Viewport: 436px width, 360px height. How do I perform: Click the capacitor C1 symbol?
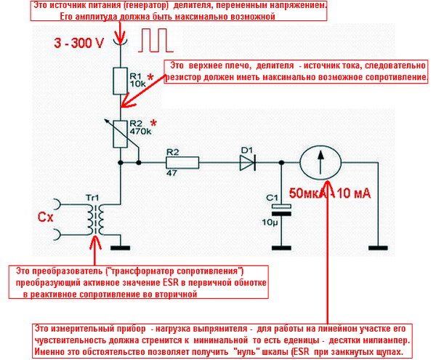(x=278, y=209)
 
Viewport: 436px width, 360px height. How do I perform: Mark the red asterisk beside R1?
(x=150, y=76)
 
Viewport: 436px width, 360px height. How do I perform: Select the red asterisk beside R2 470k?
(x=153, y=123)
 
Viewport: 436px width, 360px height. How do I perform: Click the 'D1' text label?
(x=246, y=151)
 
